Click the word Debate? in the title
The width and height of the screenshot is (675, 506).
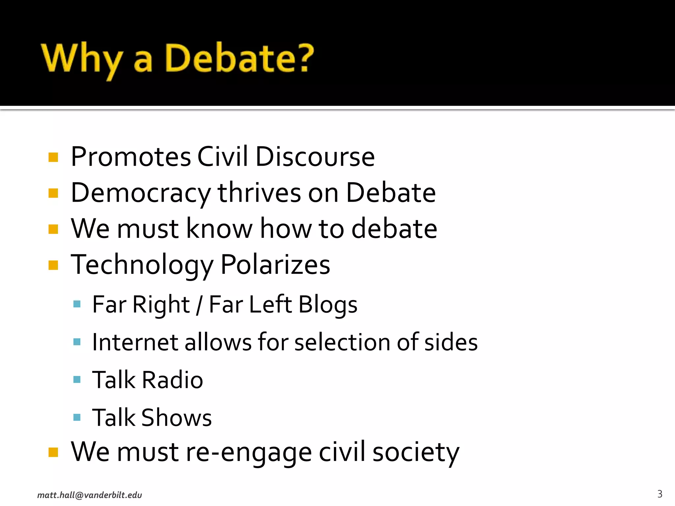[239, 58]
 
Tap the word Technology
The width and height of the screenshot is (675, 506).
[142, 265]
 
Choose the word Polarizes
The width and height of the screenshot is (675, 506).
[275, 265]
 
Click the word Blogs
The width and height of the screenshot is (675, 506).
[328, 305]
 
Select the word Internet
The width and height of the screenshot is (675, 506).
[135, 342]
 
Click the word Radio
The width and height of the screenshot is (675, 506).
[172, 380]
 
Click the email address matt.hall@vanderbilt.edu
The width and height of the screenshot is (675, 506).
[90, 495]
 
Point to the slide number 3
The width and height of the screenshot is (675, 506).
[660, 494]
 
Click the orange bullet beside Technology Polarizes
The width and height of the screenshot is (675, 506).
[53, 265]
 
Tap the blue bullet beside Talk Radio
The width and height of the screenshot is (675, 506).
[77, 379]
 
